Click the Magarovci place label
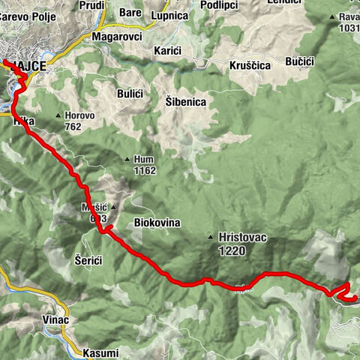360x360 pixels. [116, 35]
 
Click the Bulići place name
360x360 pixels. [130, 92]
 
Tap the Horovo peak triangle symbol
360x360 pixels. [58, 115]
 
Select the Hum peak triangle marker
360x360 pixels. [127, 158]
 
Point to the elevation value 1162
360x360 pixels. [144, 170]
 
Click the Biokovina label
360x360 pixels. [156, 223]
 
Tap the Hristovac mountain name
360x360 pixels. [243, 238]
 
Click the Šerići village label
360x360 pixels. [89, 259]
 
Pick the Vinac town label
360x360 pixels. [56, 320]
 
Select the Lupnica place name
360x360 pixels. [168, 14]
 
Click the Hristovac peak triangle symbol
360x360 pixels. [211, 238]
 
